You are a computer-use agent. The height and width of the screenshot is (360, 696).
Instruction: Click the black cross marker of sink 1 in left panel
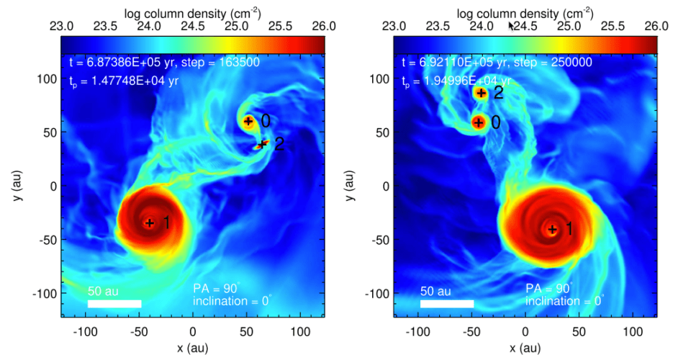coord(150,222)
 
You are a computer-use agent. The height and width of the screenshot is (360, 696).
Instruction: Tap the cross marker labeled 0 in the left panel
coord(248,121)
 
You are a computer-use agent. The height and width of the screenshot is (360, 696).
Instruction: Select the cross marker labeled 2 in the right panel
coord(481,93)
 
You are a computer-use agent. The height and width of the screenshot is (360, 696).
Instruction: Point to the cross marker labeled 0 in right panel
coord(478,122)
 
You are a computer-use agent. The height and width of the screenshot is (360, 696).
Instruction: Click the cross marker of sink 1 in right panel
coord(552,230)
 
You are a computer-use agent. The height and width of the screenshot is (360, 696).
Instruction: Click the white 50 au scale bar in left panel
coord(114,304)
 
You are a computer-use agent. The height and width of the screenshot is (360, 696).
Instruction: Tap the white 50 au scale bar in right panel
coord(447,304)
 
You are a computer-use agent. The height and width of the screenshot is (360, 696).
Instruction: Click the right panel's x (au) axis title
coord(525,348)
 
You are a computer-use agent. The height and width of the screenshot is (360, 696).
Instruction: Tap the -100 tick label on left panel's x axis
coord(85,333)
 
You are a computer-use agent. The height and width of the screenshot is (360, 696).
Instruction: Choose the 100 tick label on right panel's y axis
coord(380,78)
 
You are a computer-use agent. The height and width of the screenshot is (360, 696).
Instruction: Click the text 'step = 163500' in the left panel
coord(224,63)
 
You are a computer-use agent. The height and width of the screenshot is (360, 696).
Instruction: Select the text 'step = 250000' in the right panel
coord(556,63)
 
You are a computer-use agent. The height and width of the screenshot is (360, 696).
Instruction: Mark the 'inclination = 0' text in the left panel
coord(232,301)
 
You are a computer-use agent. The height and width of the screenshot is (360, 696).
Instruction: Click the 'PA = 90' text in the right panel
coord(548,288)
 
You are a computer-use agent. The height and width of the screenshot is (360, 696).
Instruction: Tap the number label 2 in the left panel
coord(280,144)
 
